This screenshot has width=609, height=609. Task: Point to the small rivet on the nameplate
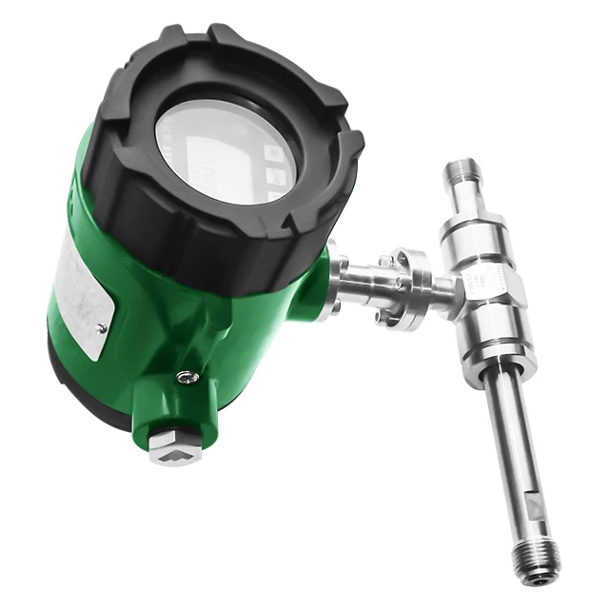click(x=102, y=329)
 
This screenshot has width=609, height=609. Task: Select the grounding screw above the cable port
click(x=187, y=379)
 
